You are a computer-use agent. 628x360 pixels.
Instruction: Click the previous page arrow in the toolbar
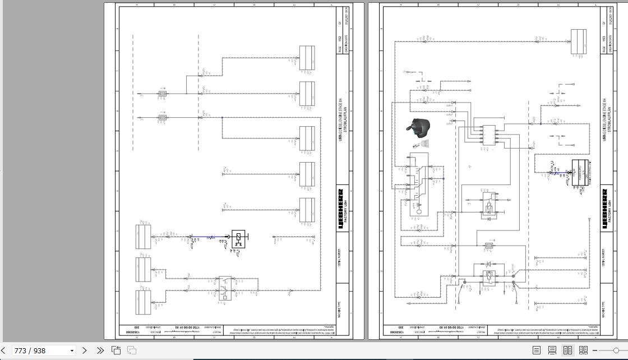[4, 350]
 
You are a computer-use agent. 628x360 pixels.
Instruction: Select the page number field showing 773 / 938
[39, 350]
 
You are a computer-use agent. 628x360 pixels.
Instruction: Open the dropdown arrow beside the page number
[72, 350]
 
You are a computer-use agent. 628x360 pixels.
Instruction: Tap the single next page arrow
[85, 350]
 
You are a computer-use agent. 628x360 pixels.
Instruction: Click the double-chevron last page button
[100, 350]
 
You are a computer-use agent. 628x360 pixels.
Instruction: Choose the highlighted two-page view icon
[567, 350]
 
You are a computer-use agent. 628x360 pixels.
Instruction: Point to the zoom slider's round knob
[616, 350]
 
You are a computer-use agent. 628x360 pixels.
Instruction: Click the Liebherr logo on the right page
[604, 209]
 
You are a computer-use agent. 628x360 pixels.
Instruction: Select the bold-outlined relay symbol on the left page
[239, 238]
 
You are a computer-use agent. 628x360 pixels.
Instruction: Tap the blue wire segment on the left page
[210, 238]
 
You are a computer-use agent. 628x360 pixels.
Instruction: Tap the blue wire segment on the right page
[555, 173]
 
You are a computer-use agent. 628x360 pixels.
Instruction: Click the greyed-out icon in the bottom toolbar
[132, 350]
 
